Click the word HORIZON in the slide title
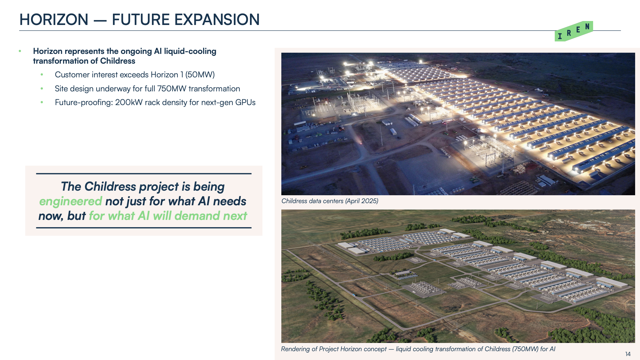(x=54, y=19)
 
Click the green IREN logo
(x=574, y=31)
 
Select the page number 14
(x=628, y=354)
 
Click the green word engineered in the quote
(x=71, y=202)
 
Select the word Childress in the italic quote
(x=110, y=187)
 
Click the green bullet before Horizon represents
(x=20, y=51)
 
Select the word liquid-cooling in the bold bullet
(x=190, y=51)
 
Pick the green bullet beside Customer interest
(x=42, y=75)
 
